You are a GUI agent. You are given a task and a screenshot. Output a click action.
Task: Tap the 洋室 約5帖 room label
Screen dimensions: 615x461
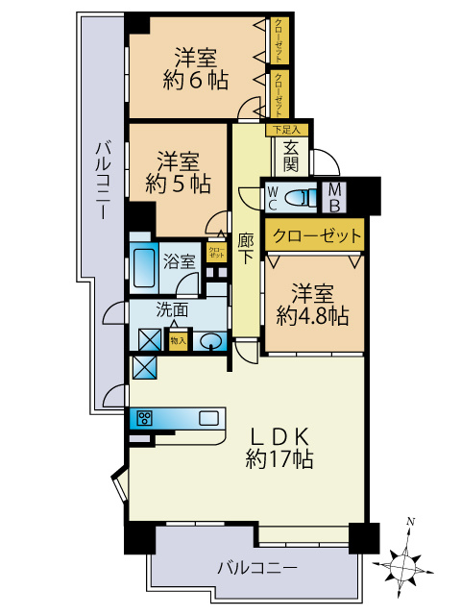point(179,170)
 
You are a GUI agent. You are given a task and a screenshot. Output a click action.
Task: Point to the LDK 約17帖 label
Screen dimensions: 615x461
point(279,446)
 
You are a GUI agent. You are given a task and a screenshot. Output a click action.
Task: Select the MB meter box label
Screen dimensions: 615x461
point(336,197)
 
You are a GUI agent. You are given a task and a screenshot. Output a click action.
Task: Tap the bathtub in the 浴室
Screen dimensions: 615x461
point(143,270)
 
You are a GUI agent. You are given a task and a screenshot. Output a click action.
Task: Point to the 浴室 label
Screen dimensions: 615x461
point(179,260)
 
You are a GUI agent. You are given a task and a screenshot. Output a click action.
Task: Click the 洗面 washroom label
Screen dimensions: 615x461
point(172,310)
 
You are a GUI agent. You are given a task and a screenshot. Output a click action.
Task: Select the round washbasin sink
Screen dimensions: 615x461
point(210,341)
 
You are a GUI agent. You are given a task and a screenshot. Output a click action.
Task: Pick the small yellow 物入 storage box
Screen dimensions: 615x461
point(178,340)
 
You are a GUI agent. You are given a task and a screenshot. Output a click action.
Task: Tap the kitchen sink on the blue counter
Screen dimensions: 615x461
point(209,417)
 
